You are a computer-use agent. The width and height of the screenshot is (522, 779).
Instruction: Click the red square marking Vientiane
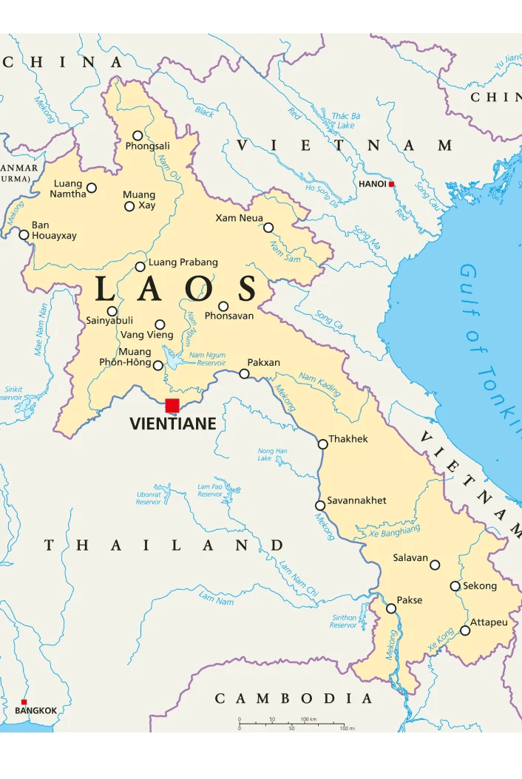point(172,405)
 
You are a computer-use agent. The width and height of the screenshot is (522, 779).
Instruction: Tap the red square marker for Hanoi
point(391,184)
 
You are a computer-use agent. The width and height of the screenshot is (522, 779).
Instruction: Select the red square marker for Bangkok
point(24,702)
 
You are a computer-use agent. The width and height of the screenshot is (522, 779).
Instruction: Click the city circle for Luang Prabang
point(140,267)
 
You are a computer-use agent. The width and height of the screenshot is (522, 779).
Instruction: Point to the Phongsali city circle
point(138,135)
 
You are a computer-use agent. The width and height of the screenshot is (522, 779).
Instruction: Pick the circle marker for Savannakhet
point(320,506)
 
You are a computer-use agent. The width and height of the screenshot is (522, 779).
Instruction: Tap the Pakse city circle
point(391,608)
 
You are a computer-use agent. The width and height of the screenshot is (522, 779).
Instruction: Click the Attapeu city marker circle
point(465,630)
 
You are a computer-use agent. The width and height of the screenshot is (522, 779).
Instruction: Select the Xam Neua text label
point(239,218)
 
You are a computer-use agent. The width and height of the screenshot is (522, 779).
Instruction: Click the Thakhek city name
point(348,439)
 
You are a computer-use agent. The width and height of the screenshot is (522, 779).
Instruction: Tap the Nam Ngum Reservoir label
point(207,359)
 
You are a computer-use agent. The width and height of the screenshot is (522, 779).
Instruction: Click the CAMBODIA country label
point(294,698)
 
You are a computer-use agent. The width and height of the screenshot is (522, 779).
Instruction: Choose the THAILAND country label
point(163,545)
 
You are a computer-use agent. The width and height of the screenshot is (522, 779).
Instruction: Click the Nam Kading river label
point(319,384)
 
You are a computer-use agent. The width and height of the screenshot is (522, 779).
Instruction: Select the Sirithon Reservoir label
point(344,622)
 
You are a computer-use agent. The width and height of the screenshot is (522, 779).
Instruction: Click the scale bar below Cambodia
point(291,724)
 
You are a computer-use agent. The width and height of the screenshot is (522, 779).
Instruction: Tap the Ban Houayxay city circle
point(24,235)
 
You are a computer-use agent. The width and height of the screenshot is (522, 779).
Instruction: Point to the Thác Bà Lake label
point(345,120)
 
